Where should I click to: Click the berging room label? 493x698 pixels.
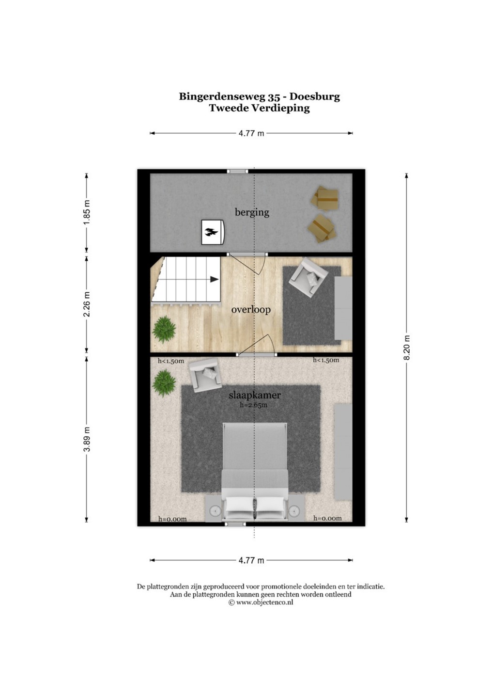[x=252, y=213]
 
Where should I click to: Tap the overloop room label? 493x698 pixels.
[x=251, y=310]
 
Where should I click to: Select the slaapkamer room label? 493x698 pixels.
[x=255, y=396]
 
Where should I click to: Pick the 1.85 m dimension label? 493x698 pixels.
[x=87, y=212]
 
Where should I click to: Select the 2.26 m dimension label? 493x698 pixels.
[x=87, y=304]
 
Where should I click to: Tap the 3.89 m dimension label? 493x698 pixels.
[x=87, y=439]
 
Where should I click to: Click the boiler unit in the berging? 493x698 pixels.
[x=212, y=232]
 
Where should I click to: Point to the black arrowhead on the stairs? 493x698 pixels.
[x=214, y=279]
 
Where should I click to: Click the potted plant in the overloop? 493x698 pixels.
[x=164, y=330]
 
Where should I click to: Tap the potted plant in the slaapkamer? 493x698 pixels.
[x=164, y=383]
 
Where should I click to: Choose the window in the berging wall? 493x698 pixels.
[x=237, y=171]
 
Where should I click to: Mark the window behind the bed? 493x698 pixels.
[x=236, y=524]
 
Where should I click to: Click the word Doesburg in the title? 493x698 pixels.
[x=315, y=97]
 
